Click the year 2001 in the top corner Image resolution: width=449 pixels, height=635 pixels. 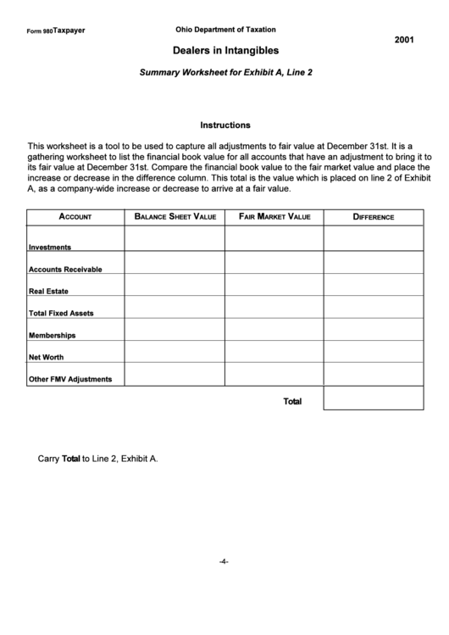point(404,40)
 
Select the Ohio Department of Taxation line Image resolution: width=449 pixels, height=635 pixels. point(225,29)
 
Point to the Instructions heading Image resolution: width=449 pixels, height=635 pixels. point(224,124)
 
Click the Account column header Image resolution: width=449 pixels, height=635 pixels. point(75,217)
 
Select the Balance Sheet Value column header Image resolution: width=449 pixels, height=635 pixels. point(175,217)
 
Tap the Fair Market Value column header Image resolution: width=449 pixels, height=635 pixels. point(274,217)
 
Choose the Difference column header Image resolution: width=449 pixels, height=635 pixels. point(374,217)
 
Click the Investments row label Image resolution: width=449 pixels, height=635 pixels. point(50,248)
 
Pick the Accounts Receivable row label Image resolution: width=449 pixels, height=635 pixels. point(65,270)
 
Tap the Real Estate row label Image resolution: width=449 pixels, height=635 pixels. point(49,292)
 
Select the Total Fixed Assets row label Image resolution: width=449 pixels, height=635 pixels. point(61,314)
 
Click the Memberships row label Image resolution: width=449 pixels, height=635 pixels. point(52,336)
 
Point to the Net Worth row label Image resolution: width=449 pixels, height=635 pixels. point(47,358)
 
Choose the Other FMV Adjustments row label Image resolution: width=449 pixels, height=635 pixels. point(70,380)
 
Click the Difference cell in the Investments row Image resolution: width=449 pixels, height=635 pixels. point(374,239)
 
